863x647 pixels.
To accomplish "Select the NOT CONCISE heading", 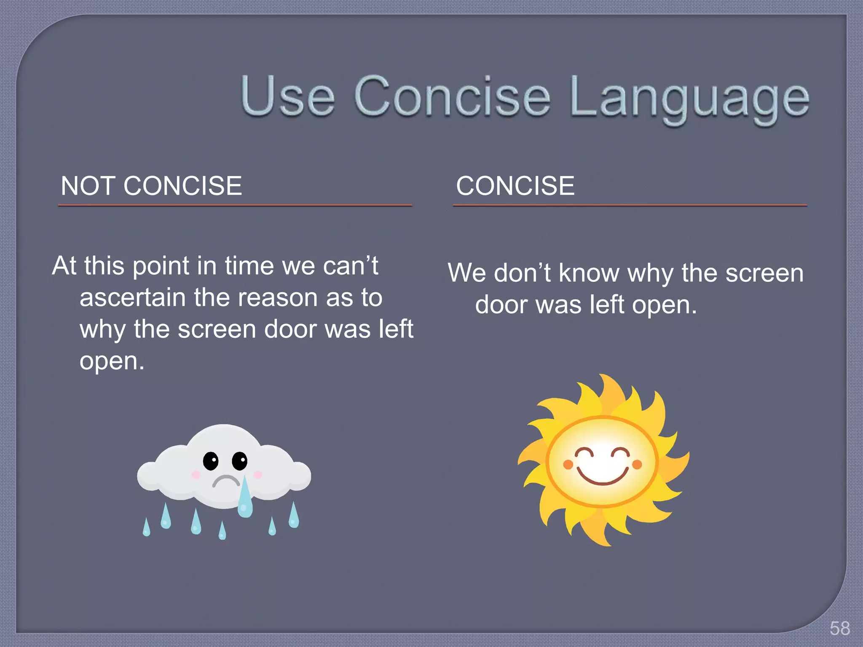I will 151,186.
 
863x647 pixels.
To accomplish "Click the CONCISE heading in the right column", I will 515,186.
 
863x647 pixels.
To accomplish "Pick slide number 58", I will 839,628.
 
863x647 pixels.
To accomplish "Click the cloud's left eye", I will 211,461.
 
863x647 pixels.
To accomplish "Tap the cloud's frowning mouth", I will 225,481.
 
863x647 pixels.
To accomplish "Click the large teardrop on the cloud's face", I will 245,501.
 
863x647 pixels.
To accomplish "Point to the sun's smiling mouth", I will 602,476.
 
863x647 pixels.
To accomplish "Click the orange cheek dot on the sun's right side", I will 637,465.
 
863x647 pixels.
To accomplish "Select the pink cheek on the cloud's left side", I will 196,475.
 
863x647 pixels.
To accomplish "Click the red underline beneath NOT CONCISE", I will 235,206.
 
